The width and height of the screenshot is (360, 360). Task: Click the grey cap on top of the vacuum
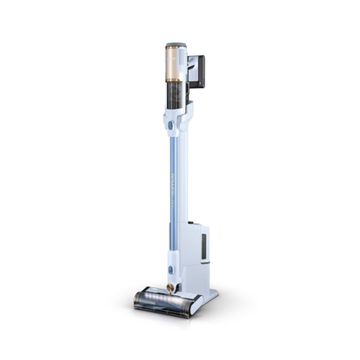coord(176,42)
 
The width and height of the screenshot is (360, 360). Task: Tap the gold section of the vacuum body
coord(173,65)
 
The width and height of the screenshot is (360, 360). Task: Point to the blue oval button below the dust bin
coord(171,125)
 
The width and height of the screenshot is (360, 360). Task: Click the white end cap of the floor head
coord(195,305)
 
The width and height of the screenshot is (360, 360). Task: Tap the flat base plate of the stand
coord(208,299)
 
